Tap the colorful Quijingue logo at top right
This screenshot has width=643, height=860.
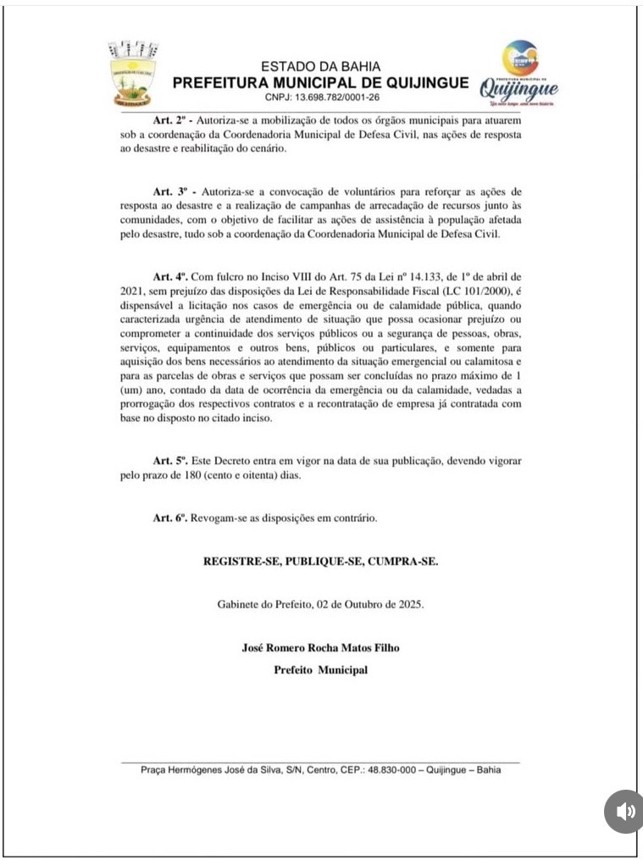click(519, 75)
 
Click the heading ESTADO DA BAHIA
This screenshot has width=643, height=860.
click(320, 66)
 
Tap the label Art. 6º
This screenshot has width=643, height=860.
click(169, 518)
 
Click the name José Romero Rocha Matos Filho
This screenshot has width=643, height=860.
click(320, 648)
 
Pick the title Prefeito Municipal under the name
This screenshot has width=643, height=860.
click(320, 669)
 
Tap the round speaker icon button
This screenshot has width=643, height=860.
click(624, 812)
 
